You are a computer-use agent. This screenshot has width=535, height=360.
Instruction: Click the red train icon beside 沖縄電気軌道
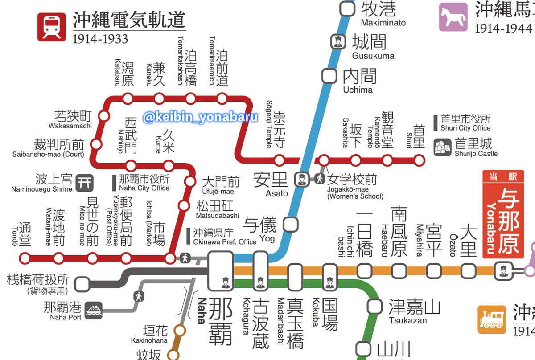tap(52, 27)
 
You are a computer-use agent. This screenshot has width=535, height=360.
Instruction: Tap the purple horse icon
tap(453, 17)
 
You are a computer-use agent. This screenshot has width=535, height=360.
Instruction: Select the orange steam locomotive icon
tap(492, 319)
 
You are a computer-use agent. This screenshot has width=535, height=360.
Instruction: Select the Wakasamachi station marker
tap(104, 116)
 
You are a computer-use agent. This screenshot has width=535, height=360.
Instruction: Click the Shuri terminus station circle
tap(419, 160)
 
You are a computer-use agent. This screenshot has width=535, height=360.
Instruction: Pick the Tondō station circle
tap(25, 258)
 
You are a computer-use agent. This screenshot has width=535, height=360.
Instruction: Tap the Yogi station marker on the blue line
tap(291, 224)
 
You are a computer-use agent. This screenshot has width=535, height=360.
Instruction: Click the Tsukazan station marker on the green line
tap(375, 307)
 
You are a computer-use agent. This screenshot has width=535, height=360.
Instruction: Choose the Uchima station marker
tap(329, 76)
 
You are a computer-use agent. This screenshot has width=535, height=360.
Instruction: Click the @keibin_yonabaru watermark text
tap(200, 117)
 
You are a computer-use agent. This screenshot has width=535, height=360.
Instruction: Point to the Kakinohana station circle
tap(180, 331)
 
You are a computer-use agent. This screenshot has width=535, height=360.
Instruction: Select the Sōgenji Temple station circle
tap(280, 160)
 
